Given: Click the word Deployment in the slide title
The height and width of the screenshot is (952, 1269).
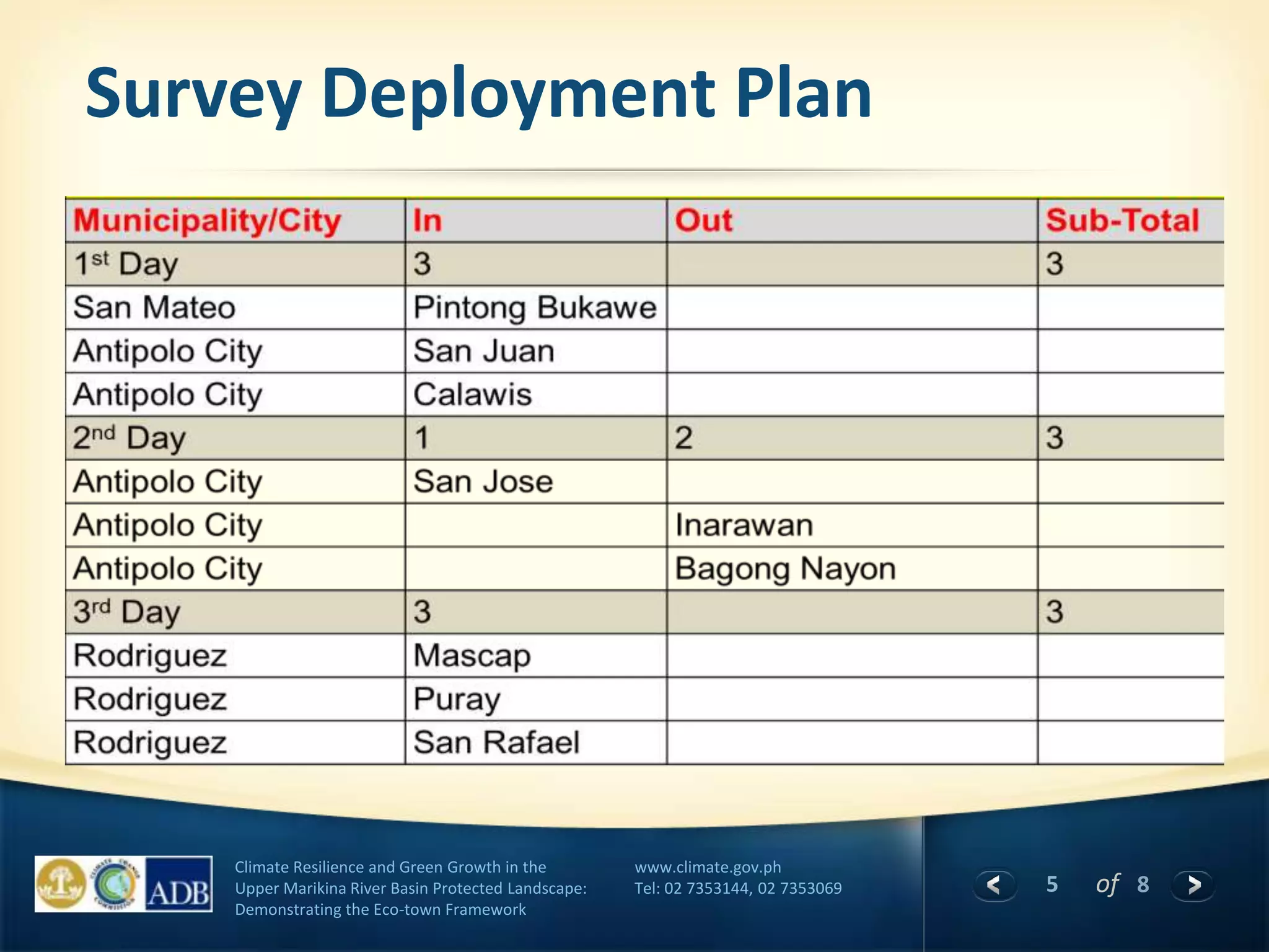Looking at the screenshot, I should click(x=518, y=94).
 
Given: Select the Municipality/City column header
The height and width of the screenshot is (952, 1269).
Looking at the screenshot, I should click(x=207, y=221).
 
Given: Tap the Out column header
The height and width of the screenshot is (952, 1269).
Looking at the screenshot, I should click(x=703, y=221).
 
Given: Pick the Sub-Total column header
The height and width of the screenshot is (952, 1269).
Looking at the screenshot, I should click(x=1122, y=221).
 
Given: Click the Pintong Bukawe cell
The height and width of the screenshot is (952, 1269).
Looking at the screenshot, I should click(x=535, y=308).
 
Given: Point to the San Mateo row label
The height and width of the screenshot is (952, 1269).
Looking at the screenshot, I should click(x=154, y=308).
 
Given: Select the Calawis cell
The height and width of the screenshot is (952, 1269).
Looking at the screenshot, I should click(x=472, y=395).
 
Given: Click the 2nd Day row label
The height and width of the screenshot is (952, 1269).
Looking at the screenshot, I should click(x=129, y=438).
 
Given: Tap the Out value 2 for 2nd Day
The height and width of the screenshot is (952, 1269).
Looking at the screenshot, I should click(x=683, y=438).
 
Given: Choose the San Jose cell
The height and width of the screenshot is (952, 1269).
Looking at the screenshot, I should click(x=483, y=482).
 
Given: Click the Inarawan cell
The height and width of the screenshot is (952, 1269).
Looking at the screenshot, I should click(x=744, y=526).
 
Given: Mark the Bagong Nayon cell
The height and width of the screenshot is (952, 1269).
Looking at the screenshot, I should click(x=785, y=569).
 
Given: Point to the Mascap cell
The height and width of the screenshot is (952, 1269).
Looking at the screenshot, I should click(x=472, y=656).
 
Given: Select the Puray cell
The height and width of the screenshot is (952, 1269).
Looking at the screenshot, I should click(x=457, y=699).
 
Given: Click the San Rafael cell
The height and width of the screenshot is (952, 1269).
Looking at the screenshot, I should click(x=496, y=743).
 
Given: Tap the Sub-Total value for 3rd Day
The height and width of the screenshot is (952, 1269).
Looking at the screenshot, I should click(x=1055, y=612).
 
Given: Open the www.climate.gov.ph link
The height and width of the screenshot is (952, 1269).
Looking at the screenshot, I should click(x=708, y=867).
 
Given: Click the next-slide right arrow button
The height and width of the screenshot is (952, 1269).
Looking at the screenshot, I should click(x=1193, y=884).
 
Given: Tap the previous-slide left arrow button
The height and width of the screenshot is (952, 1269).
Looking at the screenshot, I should click(x=995, y=884).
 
